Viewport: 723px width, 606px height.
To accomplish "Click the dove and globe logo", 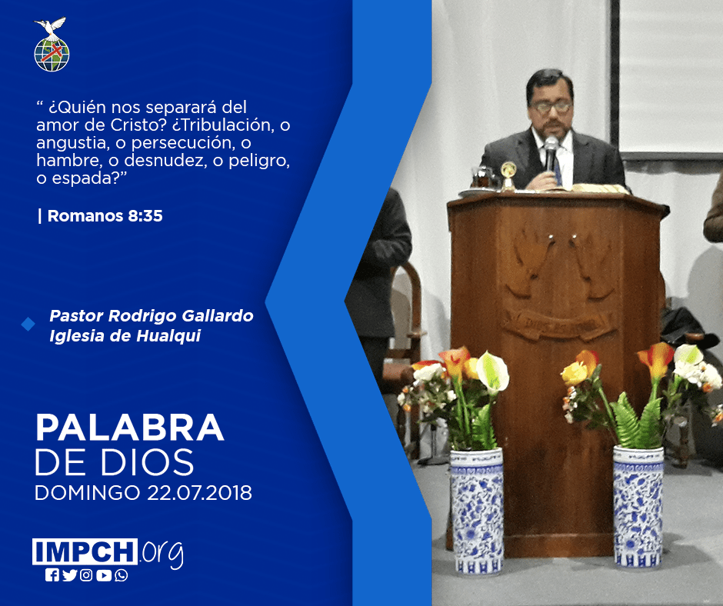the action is click(52, 45).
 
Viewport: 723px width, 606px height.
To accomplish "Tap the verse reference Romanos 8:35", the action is click(105, 216).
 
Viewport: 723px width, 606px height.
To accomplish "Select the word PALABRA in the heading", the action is click(129, 428).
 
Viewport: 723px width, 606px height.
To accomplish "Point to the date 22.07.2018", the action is click(200, 492).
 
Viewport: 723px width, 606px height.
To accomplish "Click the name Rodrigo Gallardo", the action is click(181, 316).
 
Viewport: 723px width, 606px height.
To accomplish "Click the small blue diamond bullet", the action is click(28, 325).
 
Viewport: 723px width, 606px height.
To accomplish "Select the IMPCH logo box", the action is click(85, 551).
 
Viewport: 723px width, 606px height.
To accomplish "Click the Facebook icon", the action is click(52, 575).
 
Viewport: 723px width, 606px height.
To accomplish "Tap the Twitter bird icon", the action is click(69, 575).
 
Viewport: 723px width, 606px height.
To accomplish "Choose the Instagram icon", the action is click(86, 575).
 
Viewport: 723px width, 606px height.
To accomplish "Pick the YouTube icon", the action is click(104, 575).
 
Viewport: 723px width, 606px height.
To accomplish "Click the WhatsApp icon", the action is click(122, 575).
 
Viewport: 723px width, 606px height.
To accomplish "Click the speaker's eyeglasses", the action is click(551, 107).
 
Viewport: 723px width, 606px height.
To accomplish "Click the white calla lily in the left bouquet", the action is click(492, 371).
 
